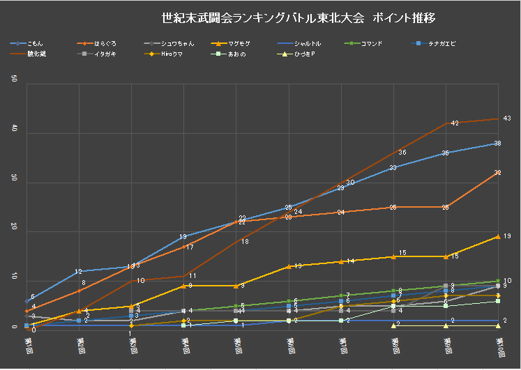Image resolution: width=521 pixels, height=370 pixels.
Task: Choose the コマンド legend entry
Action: tap(370, 43)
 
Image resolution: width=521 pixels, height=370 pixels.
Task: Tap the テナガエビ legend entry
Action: tap(439, 43)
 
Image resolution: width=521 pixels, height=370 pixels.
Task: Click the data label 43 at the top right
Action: tap(507, 118)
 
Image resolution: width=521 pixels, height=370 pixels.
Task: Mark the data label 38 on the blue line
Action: tap(497, 144)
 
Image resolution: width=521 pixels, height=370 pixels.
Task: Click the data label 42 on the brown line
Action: tap(454, 123)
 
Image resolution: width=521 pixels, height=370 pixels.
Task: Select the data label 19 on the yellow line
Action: tap(507, 237)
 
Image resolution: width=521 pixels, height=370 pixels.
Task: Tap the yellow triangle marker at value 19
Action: tap(498, 236)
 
